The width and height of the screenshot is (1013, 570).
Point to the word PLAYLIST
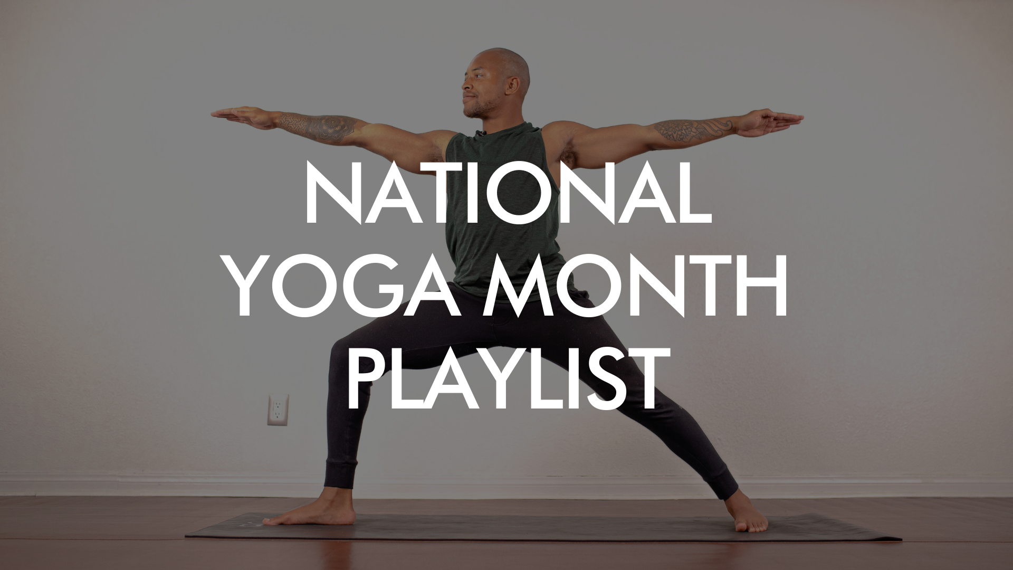coord(505,378)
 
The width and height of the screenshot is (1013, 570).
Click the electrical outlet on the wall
coord(278,410)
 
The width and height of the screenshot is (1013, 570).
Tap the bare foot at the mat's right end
coord(749,519)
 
